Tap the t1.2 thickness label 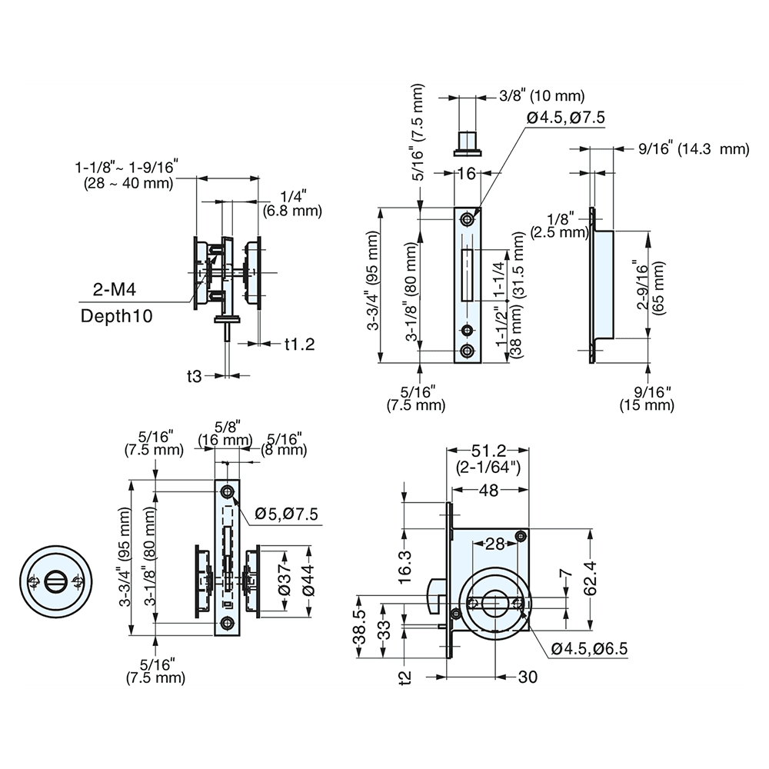[299, 344]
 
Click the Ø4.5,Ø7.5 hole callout [566, 117]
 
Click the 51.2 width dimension [489, 451]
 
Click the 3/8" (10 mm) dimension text [541, 96]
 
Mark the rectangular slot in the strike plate [466, 275]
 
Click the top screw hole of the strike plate [467, 220]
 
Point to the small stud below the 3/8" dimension [467, 141]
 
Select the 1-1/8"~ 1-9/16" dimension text [126, 175]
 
